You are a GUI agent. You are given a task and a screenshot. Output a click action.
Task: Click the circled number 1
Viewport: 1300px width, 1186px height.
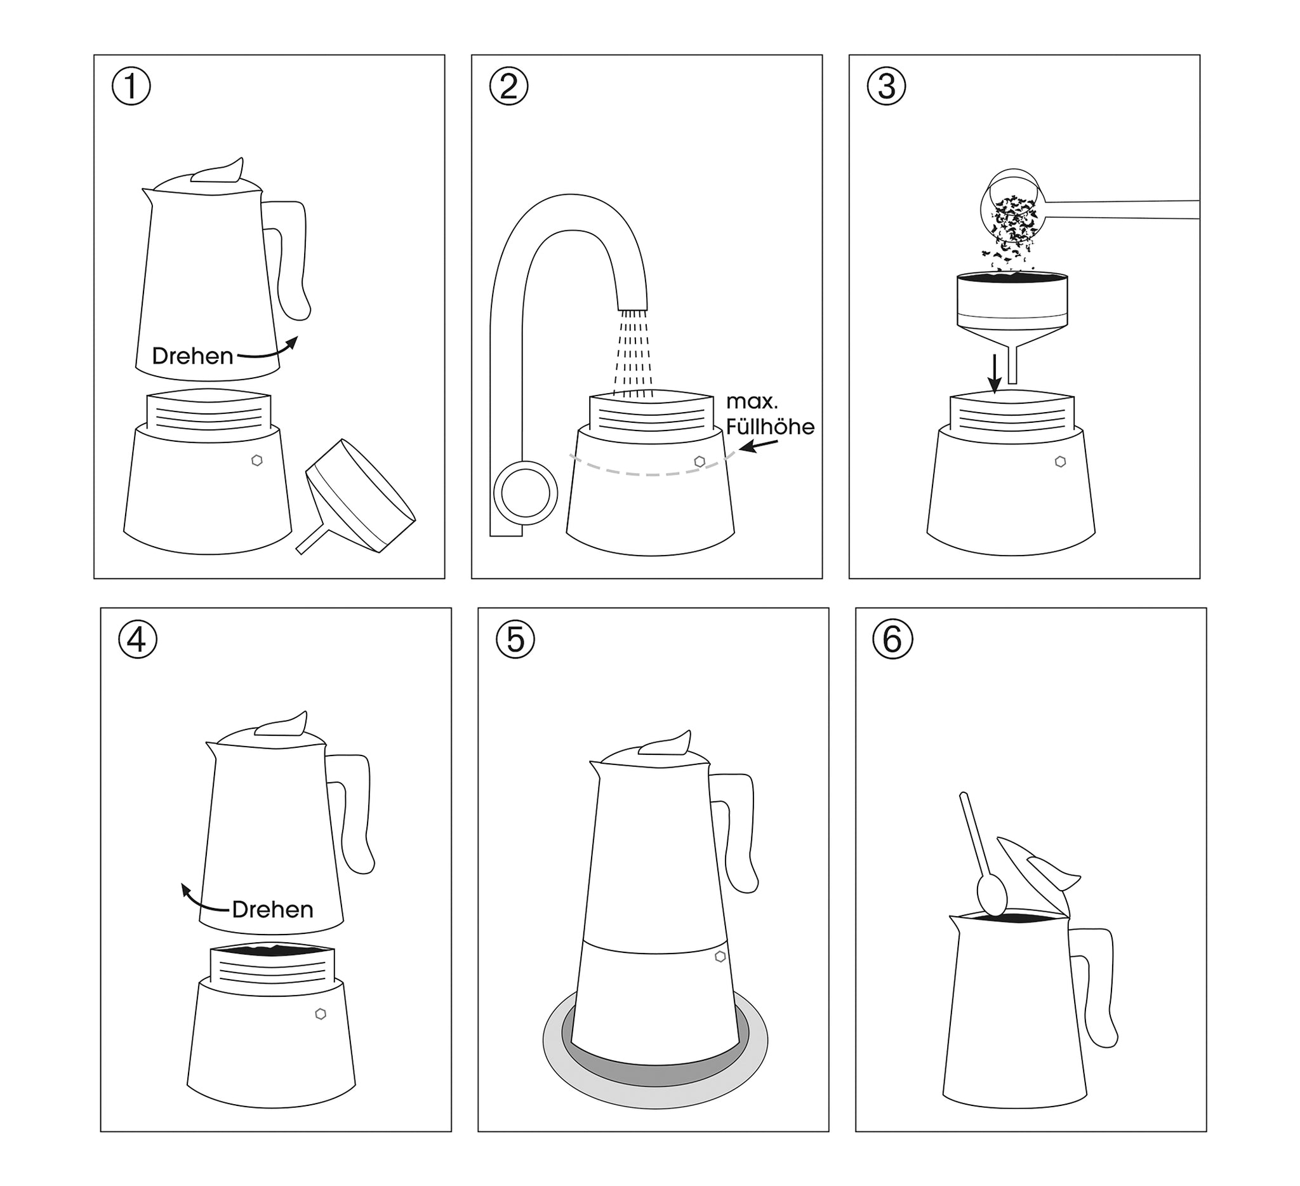[x=131, y=86]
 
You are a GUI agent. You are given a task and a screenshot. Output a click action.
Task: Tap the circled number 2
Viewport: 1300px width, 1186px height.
[x=508, y=86]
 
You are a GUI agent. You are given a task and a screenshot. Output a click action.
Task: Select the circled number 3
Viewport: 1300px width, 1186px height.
[x=886, y=86]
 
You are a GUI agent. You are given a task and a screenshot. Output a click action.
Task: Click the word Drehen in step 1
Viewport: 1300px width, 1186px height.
[x=192, y=356]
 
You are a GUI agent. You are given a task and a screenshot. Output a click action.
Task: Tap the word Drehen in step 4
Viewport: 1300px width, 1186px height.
[x=272, y=910]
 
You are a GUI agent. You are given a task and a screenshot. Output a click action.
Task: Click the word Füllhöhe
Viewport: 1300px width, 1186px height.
[x=770, y=427]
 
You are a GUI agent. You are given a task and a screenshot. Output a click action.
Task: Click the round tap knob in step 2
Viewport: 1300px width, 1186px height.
[x=526, y=493]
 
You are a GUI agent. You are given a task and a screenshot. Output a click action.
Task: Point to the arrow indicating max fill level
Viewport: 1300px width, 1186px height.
[x=759, y=446]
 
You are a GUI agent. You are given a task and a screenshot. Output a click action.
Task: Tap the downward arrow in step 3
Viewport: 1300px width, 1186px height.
[x=995, y=373]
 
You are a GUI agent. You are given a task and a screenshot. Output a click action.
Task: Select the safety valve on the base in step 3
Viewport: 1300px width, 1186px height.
[x=1060, y=462]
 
